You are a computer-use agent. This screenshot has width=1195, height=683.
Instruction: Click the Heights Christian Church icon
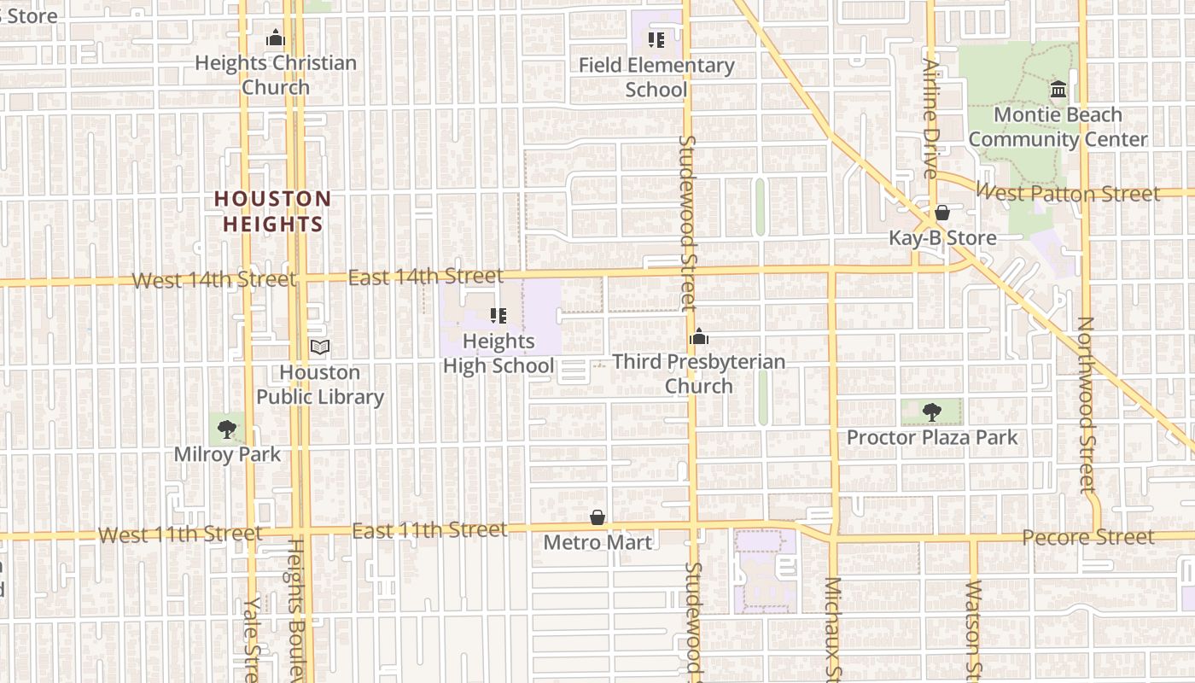(x=275, y=38)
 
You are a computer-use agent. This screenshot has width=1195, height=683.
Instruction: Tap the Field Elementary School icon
(x=656, y=40)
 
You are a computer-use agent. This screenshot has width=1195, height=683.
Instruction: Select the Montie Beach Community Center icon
(x=1058, y=90)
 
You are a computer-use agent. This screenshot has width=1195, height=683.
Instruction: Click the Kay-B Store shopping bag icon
(x=942, y=213)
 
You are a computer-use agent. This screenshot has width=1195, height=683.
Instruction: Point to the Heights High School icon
(x=498, y=316)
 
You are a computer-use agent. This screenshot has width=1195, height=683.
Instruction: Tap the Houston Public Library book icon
(x=320, y=347)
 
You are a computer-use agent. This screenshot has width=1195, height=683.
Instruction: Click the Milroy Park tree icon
(x=227, y=429)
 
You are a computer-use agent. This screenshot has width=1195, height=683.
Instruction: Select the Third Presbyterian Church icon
(x=699, y=337)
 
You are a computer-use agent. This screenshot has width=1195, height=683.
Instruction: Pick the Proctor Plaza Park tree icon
(x=932, y=412)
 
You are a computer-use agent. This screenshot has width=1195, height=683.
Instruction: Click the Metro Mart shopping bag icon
(x=597, y=517)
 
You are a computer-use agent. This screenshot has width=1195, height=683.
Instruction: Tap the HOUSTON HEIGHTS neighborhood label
(x=272, y=212)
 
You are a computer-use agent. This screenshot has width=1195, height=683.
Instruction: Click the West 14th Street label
(x=214, y=280)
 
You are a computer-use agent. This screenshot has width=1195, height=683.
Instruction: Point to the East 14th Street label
(x=425, y=277)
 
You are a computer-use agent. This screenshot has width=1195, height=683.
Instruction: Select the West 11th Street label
(x=180, y=534)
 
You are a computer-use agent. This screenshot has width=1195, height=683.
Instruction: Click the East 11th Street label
(x=429, y=530)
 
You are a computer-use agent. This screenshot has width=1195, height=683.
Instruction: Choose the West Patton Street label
(x=1068, y=193)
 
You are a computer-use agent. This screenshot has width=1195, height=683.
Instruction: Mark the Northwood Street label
(x=1085, y=405)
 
